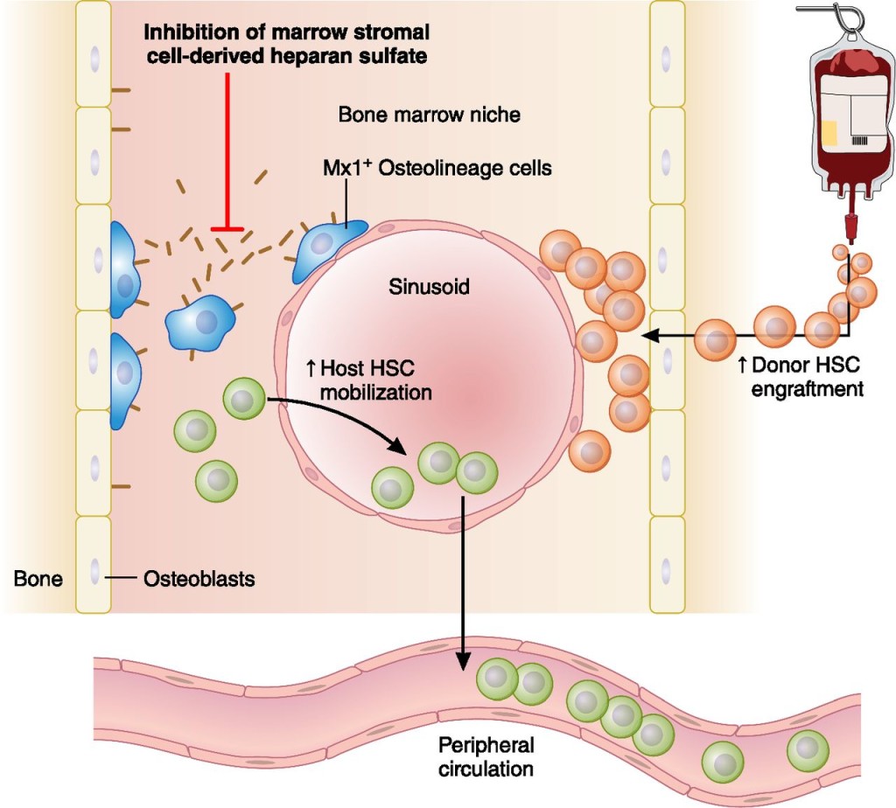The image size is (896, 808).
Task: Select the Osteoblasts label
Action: (x=199, y=579)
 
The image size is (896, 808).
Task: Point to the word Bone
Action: (x=38, y=579)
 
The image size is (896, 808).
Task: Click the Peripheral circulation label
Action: (x=486, y=757)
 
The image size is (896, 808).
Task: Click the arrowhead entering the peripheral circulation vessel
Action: (x=464, y=665)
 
